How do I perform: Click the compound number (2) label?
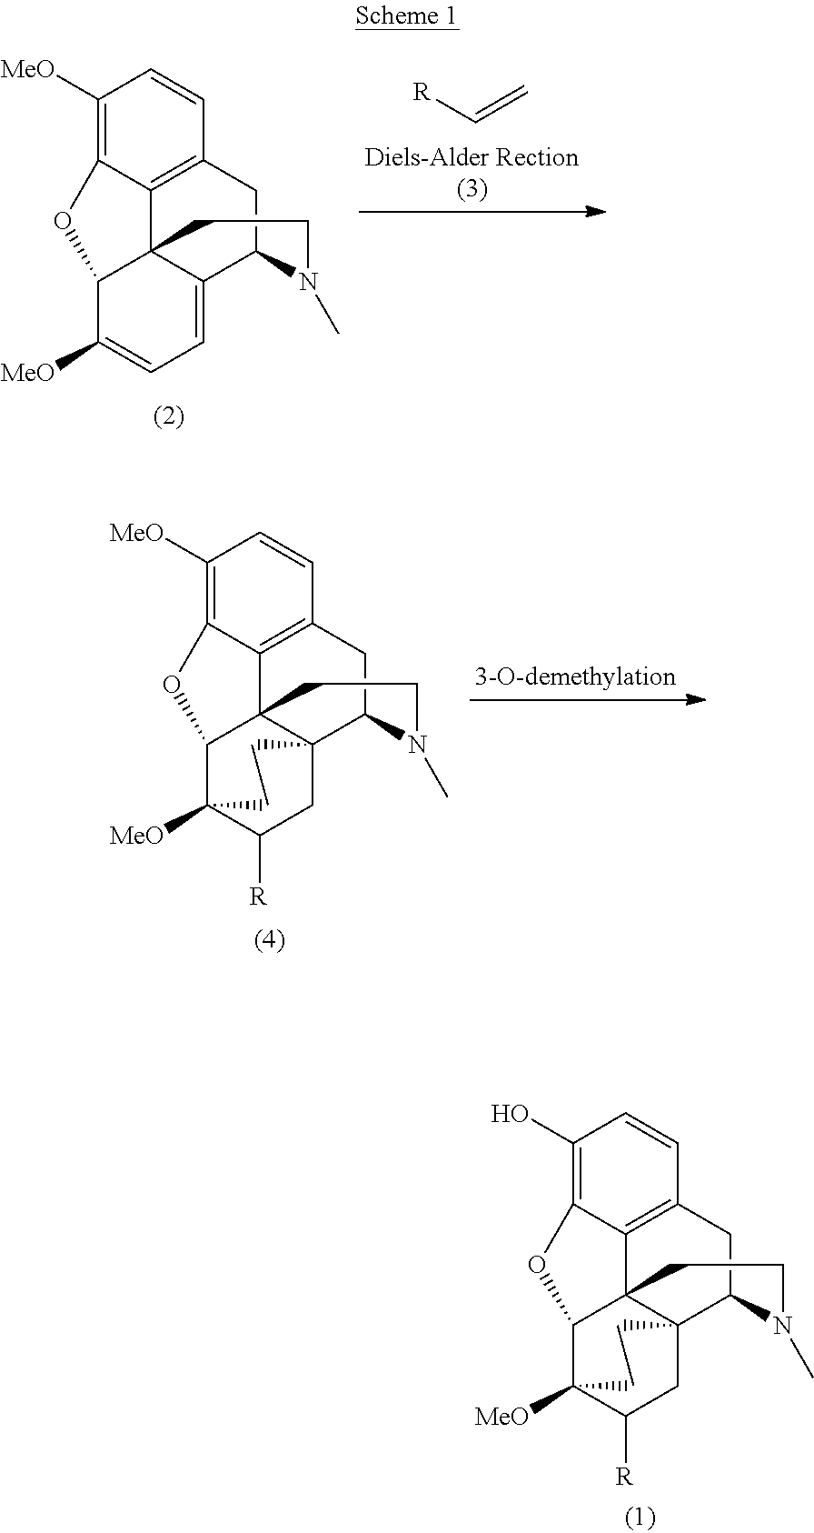(168, 416)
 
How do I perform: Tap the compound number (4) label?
(269, 939)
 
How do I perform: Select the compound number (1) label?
(640, 1517)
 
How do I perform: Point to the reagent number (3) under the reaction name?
(472, 190)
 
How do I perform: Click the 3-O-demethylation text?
(575, 676)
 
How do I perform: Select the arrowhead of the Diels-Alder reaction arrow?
(596, 212)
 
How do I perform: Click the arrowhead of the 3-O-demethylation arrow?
(696, 699)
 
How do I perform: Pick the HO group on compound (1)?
(511, 1114)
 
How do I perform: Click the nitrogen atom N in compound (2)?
(309, 282)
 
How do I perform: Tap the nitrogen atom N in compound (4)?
(417, 745)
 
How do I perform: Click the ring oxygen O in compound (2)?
(62, 221)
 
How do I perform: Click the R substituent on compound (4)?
(258, 897)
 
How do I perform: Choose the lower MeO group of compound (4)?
(136, 836)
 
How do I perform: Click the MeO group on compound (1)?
(501, 1416)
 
